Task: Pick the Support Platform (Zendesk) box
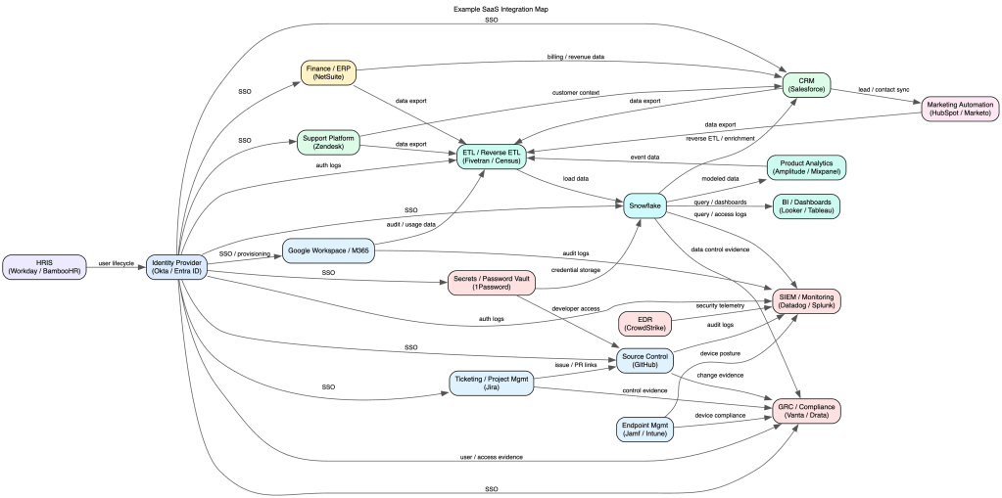[329, 143]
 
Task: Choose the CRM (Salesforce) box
[807, 84]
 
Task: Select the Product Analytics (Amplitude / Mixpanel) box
[806, 166]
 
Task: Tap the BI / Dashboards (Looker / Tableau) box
[806, 206]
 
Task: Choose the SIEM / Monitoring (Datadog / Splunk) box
[807, 299]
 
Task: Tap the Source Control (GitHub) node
[644, 361]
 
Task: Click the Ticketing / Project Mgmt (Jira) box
[491, 383]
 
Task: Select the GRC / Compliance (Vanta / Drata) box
[807, 410]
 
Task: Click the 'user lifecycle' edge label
[117, 263]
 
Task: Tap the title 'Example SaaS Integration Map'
[501, 9]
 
